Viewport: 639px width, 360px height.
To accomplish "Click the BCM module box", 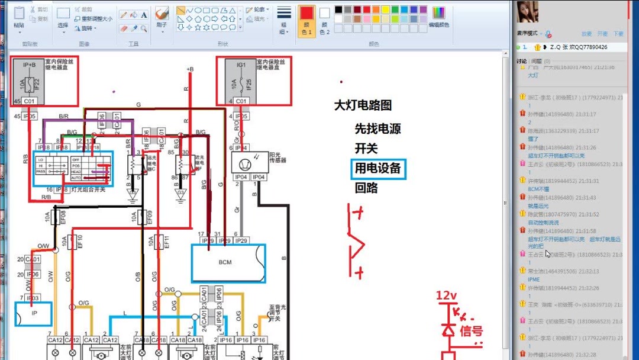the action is pos(228,262).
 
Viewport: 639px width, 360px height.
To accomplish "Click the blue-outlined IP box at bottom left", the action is pos(34,314).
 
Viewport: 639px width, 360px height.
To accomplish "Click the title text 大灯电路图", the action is pos(363,105).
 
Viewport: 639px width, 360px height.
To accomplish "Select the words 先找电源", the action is pos(378,128).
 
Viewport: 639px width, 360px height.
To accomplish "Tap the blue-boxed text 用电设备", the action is pos(378,169).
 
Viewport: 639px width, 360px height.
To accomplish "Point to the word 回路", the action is pos(366,188).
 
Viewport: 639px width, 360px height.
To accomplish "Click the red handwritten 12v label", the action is pos(447,295).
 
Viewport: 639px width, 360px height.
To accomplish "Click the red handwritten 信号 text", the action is pos(471,330).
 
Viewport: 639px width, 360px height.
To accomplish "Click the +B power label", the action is pos(190,69).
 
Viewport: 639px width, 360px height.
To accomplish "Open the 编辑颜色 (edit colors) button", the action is pos(438,17).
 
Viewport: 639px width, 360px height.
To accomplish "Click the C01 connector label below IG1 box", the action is pos(241,101).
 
